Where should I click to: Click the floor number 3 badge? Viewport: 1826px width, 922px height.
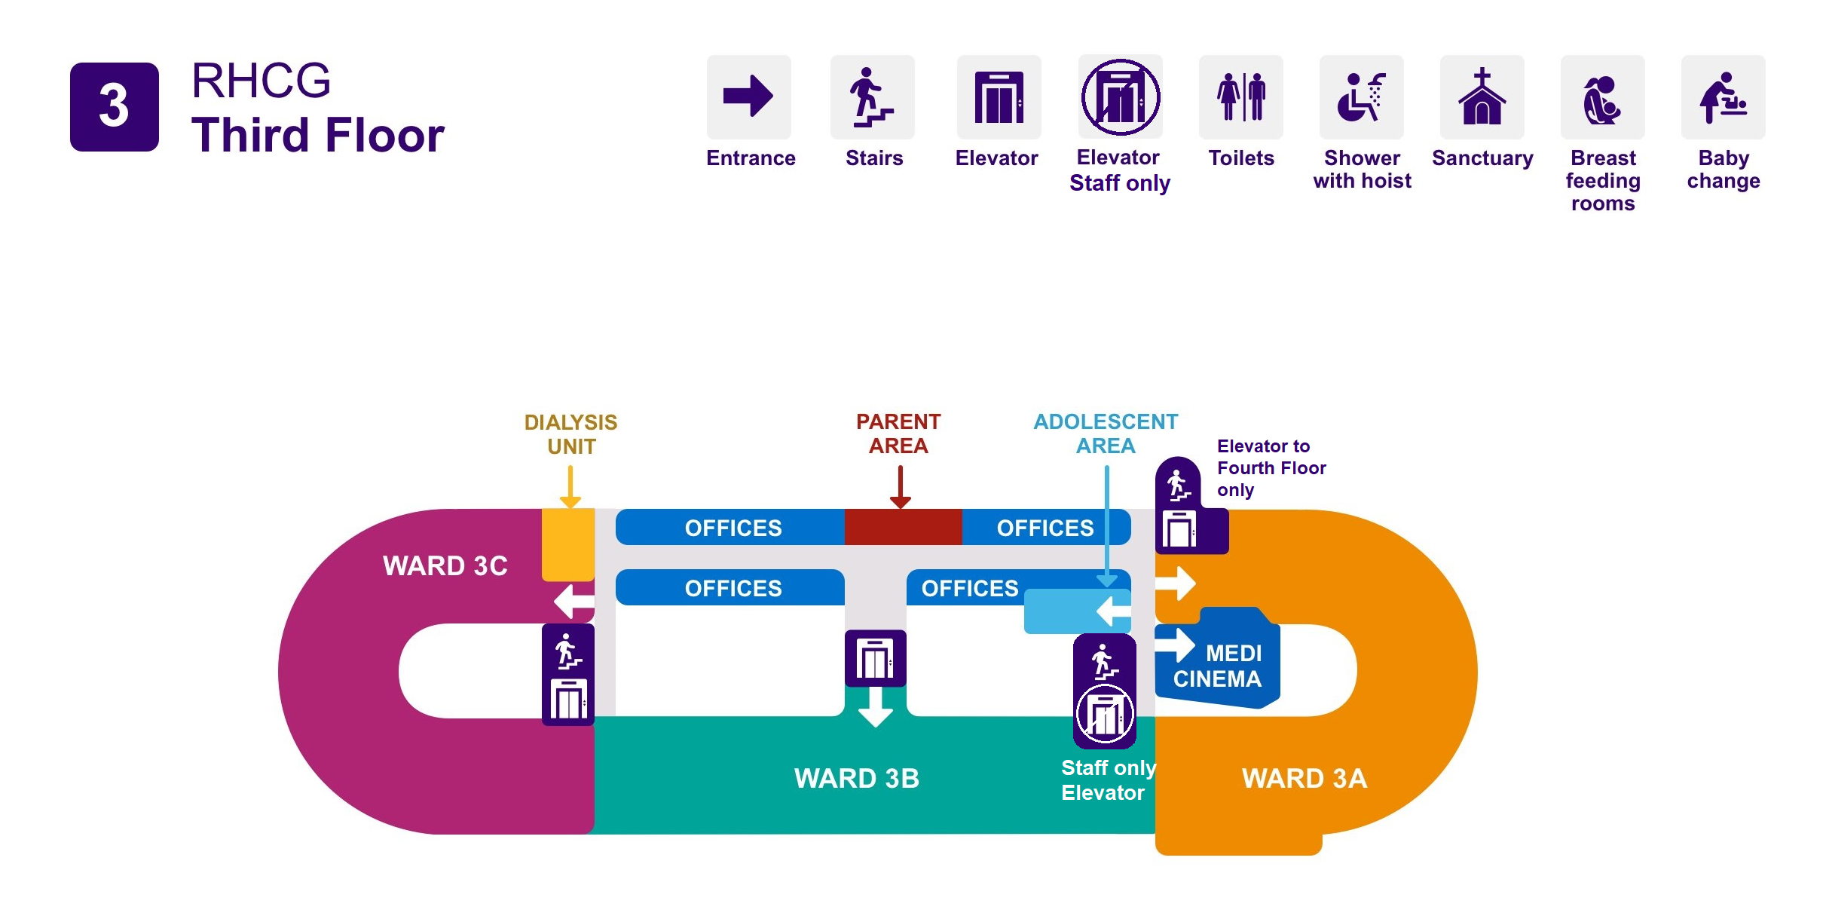114,106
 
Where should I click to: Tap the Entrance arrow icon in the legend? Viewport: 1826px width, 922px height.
748,96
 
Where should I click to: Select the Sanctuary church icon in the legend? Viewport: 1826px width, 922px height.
1482,96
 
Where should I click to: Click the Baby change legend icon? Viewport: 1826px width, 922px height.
1723,96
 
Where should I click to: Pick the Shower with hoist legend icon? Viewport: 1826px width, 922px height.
1361,96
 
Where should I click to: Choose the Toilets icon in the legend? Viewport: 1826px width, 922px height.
1240,96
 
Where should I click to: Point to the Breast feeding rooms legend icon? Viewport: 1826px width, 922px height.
1602,96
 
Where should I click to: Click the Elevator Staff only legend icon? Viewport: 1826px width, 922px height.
1120,96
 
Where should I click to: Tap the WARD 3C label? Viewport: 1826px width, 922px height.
445,565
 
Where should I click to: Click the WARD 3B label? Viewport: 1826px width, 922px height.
857,778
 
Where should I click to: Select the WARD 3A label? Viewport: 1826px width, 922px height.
1304,778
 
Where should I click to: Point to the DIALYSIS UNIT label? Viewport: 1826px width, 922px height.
570,434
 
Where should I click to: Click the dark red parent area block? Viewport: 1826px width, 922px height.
903,527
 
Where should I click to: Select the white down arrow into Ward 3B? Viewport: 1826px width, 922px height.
875,709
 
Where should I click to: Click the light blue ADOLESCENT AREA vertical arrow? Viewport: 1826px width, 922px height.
1106,528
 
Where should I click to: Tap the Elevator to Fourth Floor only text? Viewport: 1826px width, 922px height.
1271,467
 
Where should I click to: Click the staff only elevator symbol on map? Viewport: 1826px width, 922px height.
1105,714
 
